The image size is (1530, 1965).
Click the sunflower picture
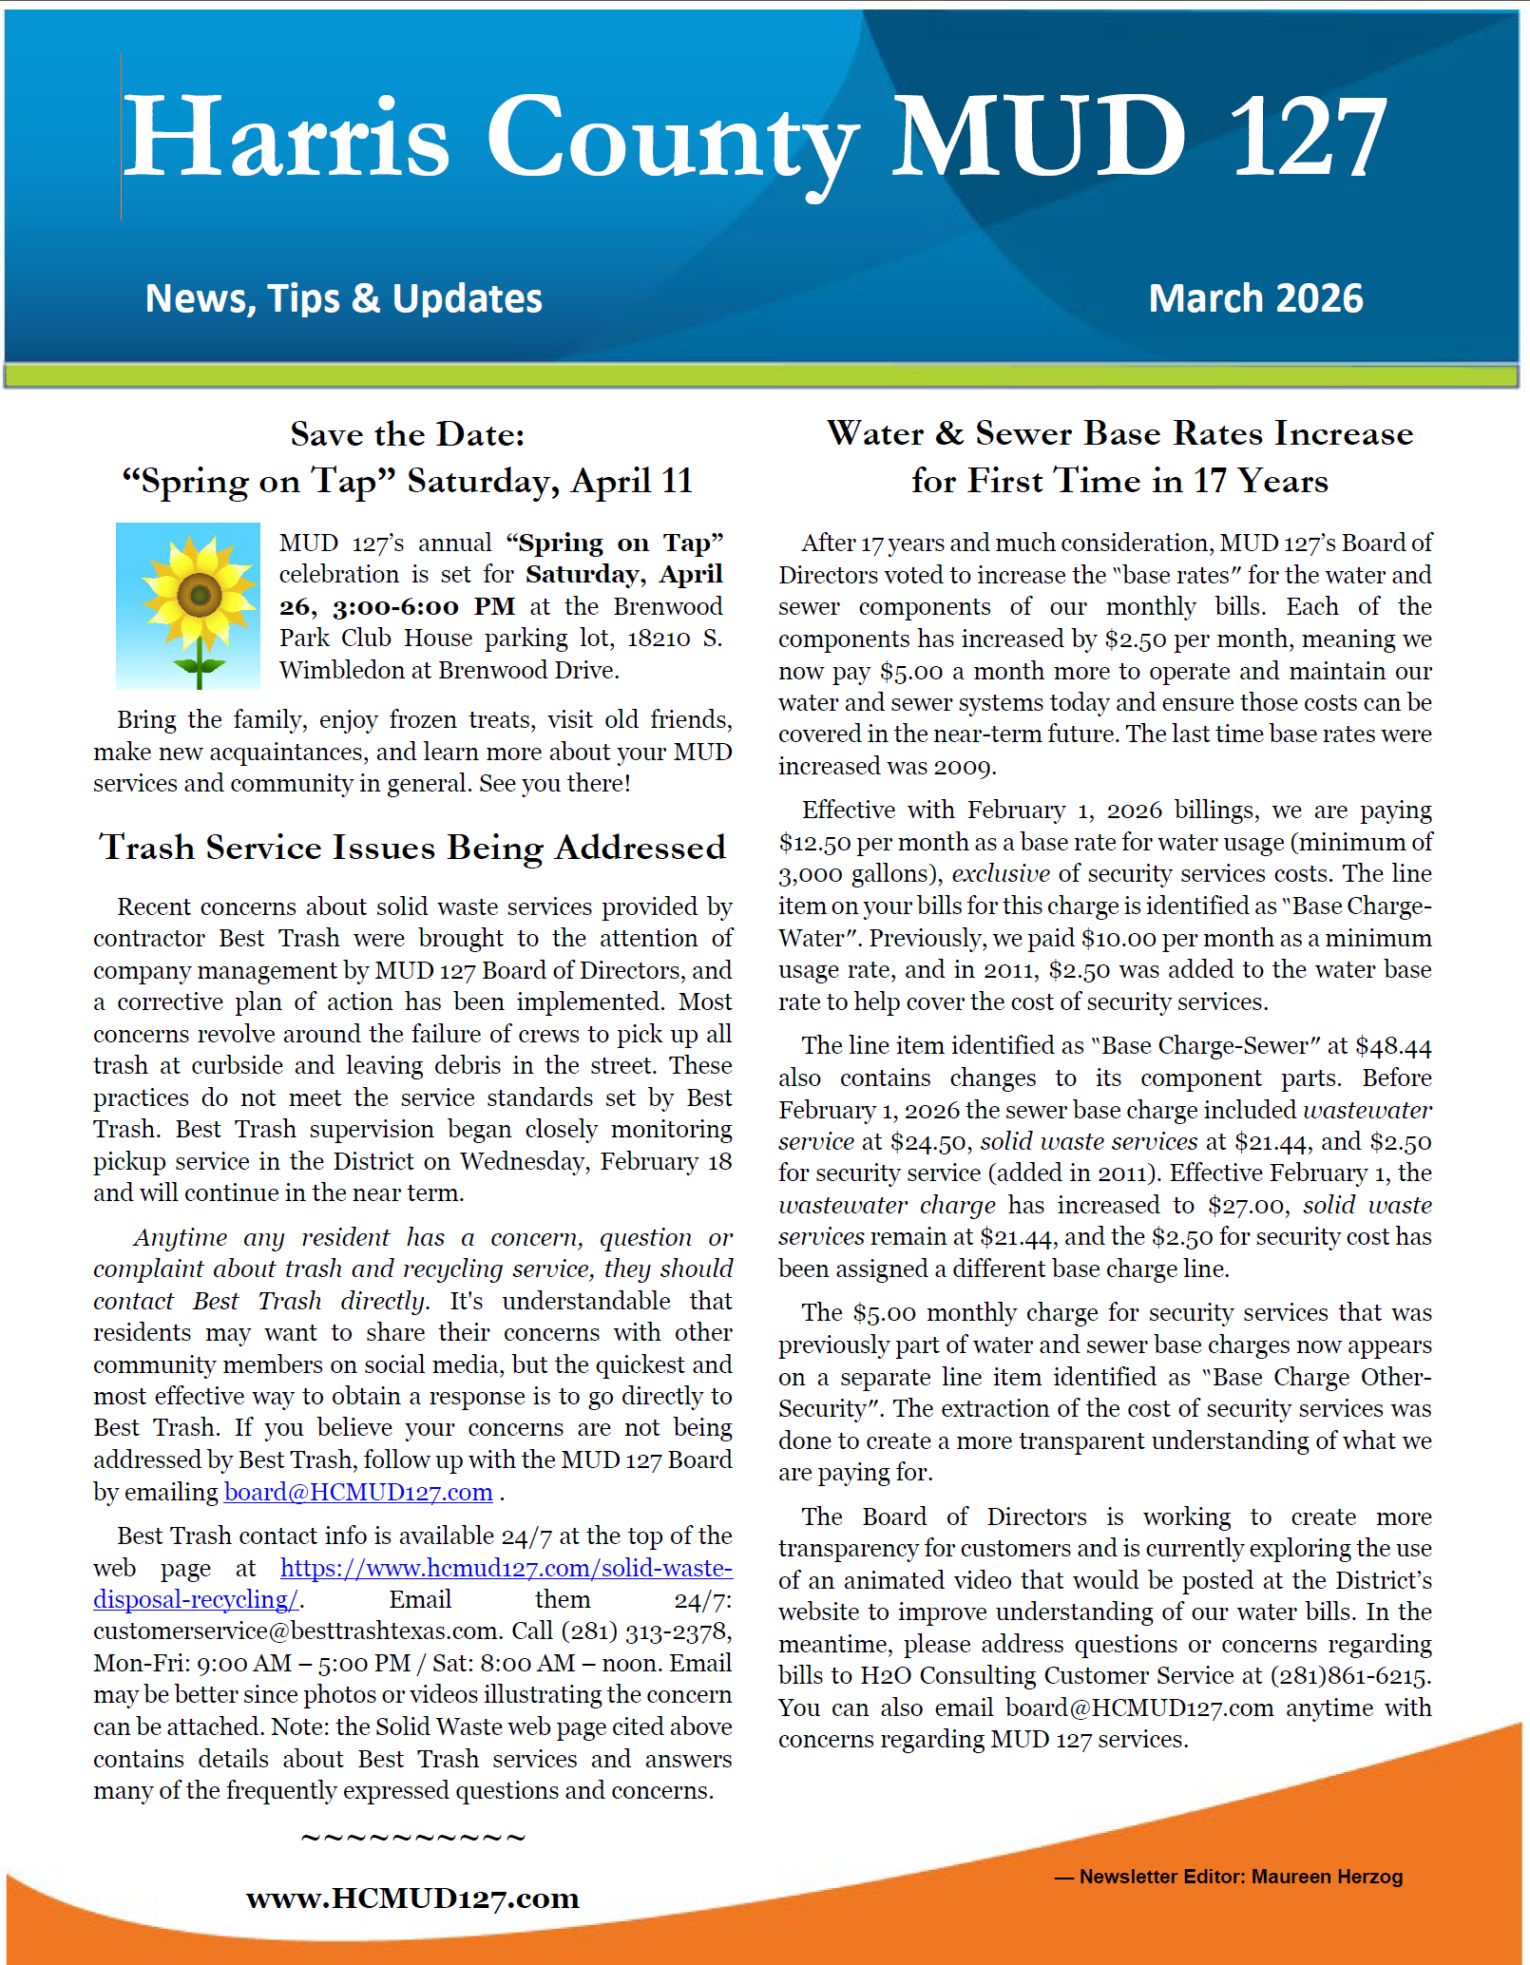188,605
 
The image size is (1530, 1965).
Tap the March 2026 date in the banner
1255,298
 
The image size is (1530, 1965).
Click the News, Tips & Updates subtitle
343,298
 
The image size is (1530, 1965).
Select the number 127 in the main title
1308,137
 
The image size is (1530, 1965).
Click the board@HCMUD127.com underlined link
358,1492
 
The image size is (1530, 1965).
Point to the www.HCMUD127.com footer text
412,1898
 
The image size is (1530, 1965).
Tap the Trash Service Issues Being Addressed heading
412,847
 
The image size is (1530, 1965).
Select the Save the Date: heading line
407,434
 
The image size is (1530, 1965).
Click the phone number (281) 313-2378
645,1631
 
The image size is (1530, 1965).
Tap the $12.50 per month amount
813,843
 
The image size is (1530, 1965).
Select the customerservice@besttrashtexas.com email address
297,1631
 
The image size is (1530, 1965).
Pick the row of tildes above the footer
412,1837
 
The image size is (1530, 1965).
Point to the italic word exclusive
1001,874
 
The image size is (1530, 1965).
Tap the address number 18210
659,639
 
